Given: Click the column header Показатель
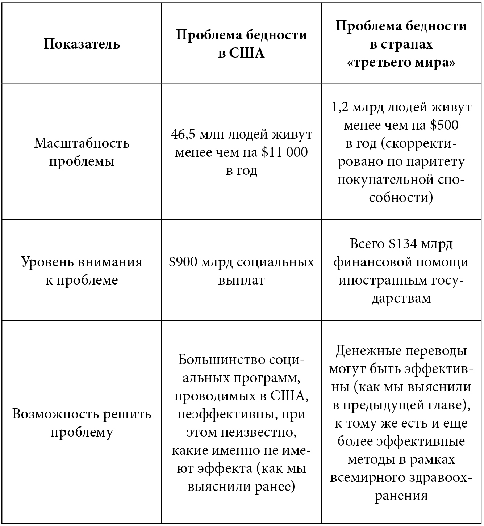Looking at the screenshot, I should coord(82,44).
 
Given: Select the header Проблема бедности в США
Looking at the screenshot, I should coord(241,44).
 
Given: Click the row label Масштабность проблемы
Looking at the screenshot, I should coord(82,152).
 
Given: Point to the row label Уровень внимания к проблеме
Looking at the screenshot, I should coord(82,270).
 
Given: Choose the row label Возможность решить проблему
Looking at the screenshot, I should coord(82,423).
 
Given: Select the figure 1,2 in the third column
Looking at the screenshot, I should coord(340,108).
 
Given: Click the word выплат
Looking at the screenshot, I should coord(241,280).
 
